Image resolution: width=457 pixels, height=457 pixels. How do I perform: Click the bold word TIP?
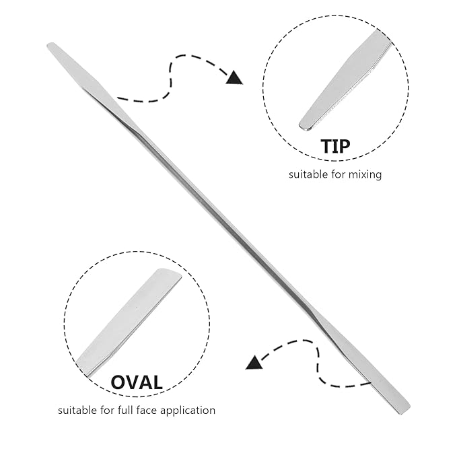click(335, 146)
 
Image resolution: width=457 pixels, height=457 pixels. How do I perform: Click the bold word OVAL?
click(137, 382)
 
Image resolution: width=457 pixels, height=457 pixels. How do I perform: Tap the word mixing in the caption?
click(365, 175)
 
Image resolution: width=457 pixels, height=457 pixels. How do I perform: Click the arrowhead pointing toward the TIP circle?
click(235, 78)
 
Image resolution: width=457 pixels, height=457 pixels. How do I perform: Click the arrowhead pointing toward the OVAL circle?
click(254, 363)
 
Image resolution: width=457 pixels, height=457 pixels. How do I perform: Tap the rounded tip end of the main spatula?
click(52, 46)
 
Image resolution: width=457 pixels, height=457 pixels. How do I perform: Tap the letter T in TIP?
click(327, 146)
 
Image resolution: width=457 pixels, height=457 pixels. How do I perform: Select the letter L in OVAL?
click(157, 382)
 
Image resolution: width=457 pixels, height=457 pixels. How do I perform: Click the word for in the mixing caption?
click(339, 174)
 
